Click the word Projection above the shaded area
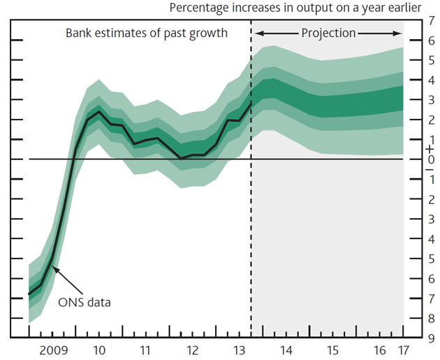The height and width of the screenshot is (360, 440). click(328, 33)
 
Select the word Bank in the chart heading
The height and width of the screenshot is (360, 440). click(79, 33)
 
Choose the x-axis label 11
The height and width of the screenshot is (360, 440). click(143, 350)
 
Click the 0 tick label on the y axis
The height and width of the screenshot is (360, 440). click(431, 159)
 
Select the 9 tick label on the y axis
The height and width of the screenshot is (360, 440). click(431, 339)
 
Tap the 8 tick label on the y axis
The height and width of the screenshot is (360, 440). click(431, 319)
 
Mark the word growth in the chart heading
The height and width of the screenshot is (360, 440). click(210, 33)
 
